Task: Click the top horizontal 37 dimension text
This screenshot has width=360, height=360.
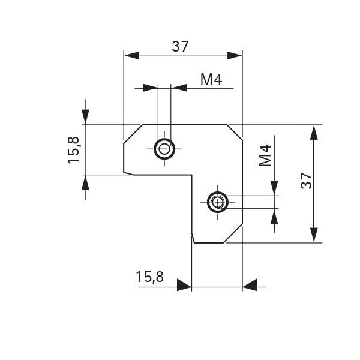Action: pyautogui.click(x=180, y=46)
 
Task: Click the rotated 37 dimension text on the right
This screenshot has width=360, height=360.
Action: pyautogui.click(x=307, y=181)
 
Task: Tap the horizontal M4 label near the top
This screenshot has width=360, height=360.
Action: pyautogui.click(x=211, y=79)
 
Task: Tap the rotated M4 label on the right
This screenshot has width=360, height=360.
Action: pyautogui.click(x=265, y=155)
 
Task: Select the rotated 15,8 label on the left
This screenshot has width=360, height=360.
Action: pyautogui.click(x=73, y=150)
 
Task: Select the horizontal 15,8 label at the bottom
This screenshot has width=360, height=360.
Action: pyautogui.click(x=149, y=277)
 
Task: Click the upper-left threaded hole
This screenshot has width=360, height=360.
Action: pyautogui.click(x=164, y=149)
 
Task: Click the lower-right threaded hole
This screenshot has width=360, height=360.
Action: pyautogui.click(x=217, y=202)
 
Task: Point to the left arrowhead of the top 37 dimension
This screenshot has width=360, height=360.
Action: pyautogui.click(x=131, y=55)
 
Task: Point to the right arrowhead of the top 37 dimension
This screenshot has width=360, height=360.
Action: pyautogui.click(x=235, y=55)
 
